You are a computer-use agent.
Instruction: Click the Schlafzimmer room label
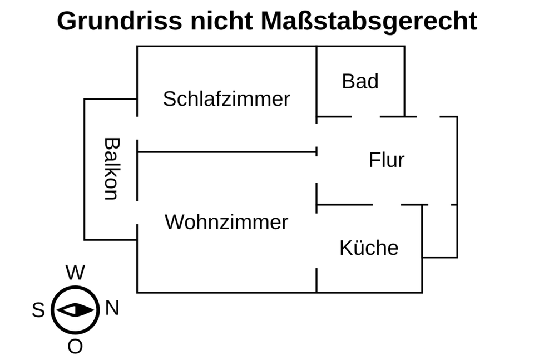(x=226, y=99)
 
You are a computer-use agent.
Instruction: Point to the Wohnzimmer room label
(x=226, y=222)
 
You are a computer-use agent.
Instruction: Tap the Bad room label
(x=360, y=81)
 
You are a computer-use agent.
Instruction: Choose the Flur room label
(x=387, y=160)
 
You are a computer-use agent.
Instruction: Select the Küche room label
(x=369, y=248)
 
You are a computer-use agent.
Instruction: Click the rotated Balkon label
(x=111, y=169)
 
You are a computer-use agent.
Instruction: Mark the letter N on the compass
(x=112, y=308)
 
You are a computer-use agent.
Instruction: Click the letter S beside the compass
(x=38, y=310)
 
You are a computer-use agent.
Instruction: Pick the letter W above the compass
(x=75, y=273)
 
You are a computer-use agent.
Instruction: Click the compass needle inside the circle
(x=75, y=310)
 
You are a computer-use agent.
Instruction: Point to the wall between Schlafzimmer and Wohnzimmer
(x=226, y=151)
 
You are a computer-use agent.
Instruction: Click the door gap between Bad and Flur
(x=366, y=117)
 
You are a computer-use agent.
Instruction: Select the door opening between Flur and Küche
(x=387, y=205)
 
